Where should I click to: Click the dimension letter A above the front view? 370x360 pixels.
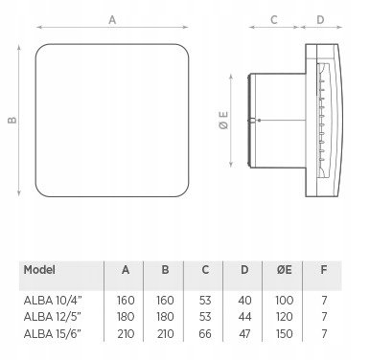(112, 20)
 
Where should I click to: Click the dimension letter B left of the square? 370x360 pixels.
(12, 120)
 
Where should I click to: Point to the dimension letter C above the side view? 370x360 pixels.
(274, 20)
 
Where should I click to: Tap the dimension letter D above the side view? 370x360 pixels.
(320, 20)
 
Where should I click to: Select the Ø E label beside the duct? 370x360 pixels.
(224, 120)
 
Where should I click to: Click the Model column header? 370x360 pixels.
(39, 270)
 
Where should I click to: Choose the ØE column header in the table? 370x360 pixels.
(284, 270)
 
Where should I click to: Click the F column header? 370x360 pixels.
(324, 270)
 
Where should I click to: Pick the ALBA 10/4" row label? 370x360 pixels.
(53, 301)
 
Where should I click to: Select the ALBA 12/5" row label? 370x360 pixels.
(53, 317)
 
